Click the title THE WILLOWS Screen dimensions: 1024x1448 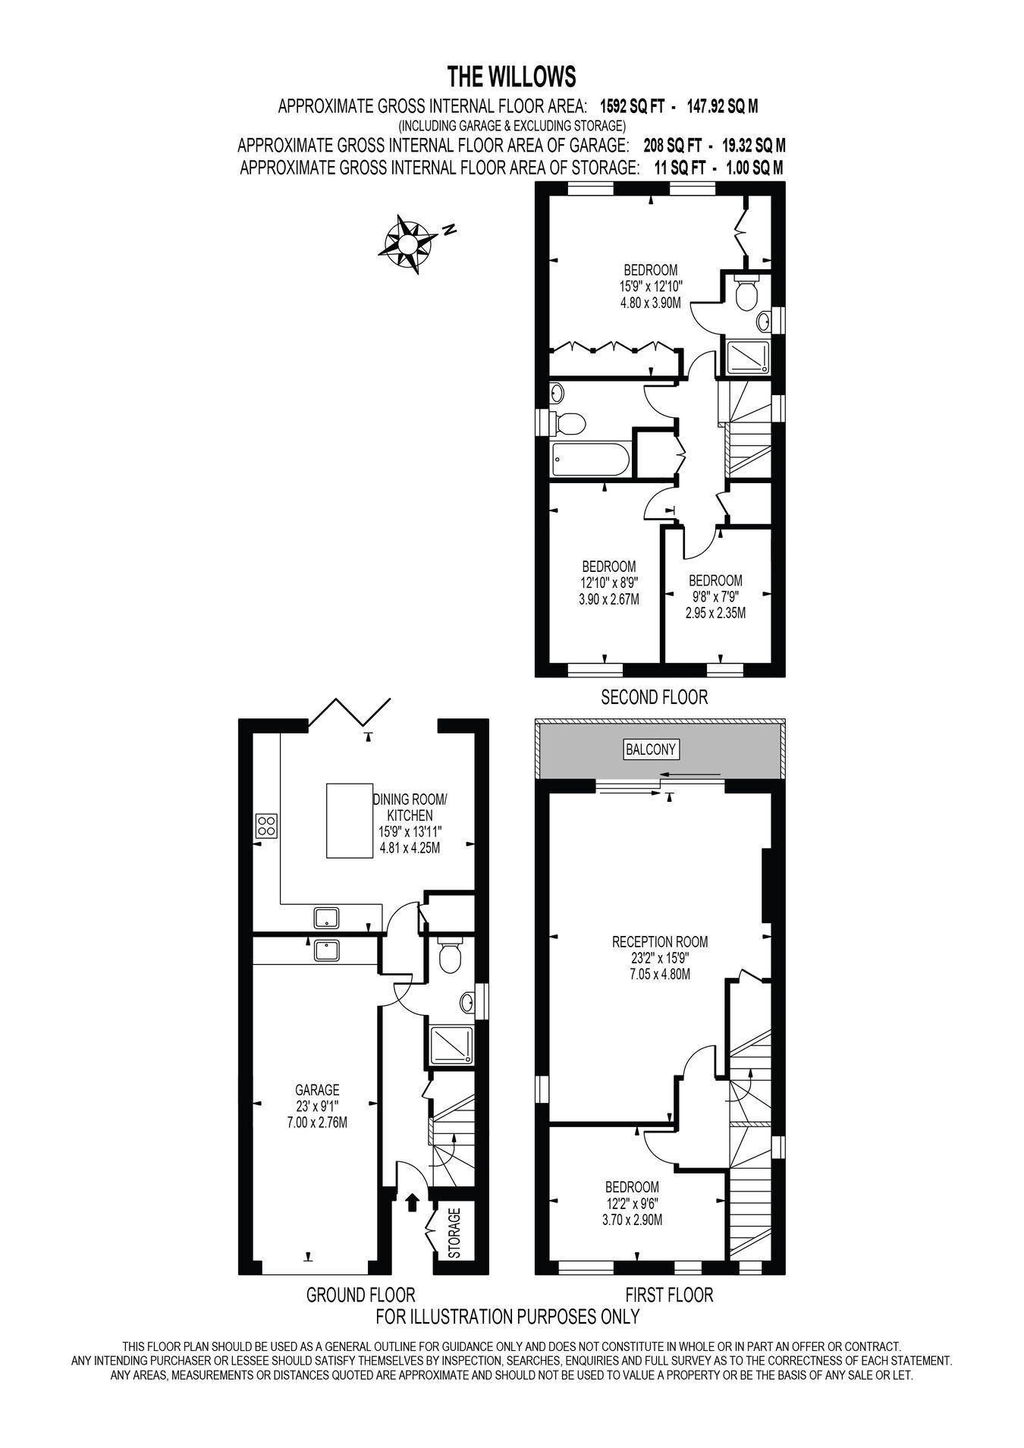[511, 77]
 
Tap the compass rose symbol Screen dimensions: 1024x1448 [407, 243]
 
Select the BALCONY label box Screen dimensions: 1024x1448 [651, 749]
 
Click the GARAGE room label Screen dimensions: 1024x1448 [318, 1089]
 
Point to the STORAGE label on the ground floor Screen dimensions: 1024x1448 [454, 1233]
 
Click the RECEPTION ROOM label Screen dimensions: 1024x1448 [660, 942]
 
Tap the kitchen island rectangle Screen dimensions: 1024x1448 [350, 821]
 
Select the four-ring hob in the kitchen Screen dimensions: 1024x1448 [266, 825]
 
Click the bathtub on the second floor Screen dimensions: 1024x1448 [589, 460]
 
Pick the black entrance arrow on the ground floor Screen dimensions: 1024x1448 [413, 1202]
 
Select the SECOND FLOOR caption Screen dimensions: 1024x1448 [654, 696]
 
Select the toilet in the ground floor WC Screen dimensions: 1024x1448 [451, 956]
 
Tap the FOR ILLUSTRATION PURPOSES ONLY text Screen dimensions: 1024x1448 [508, 1316]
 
